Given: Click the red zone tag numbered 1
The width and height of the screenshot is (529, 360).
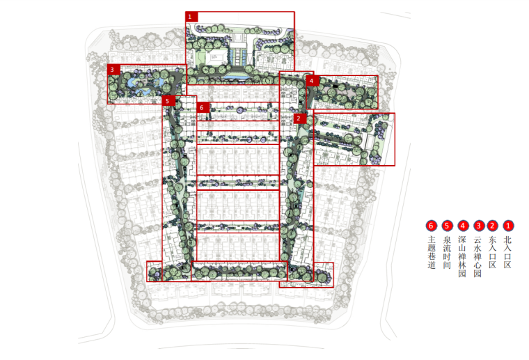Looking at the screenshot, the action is point(191,17).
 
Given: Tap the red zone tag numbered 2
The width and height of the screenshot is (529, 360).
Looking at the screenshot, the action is point(299,118).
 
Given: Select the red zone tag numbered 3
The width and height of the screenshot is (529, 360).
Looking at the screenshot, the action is point(113,70).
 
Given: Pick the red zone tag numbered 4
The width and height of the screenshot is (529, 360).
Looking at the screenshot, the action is point(313,81).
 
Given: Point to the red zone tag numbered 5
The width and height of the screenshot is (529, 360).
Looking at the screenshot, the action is point(168,101).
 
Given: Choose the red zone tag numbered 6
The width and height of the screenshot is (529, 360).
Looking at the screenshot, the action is point(203,108).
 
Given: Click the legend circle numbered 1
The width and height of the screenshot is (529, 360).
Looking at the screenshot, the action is point(508,226).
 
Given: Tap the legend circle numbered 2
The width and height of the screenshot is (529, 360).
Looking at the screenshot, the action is point(493,226).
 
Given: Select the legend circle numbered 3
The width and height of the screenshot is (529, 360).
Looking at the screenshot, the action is point(479,226).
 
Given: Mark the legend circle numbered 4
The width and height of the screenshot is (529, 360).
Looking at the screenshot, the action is point(463,226).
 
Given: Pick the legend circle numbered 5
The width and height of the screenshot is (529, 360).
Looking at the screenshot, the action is point(448,226).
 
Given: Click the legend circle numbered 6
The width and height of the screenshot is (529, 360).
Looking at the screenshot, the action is point(431,226).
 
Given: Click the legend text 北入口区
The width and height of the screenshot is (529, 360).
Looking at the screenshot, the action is point(507,252).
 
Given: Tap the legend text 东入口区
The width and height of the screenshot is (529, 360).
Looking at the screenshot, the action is point(493,252).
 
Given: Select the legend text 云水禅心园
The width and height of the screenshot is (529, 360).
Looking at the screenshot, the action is point(477,257).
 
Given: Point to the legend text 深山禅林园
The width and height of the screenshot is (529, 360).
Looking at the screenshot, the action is point(462,257).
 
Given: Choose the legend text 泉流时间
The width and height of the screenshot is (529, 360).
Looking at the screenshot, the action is point(447,252).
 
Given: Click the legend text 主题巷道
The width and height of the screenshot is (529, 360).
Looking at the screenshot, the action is point(432,252).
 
